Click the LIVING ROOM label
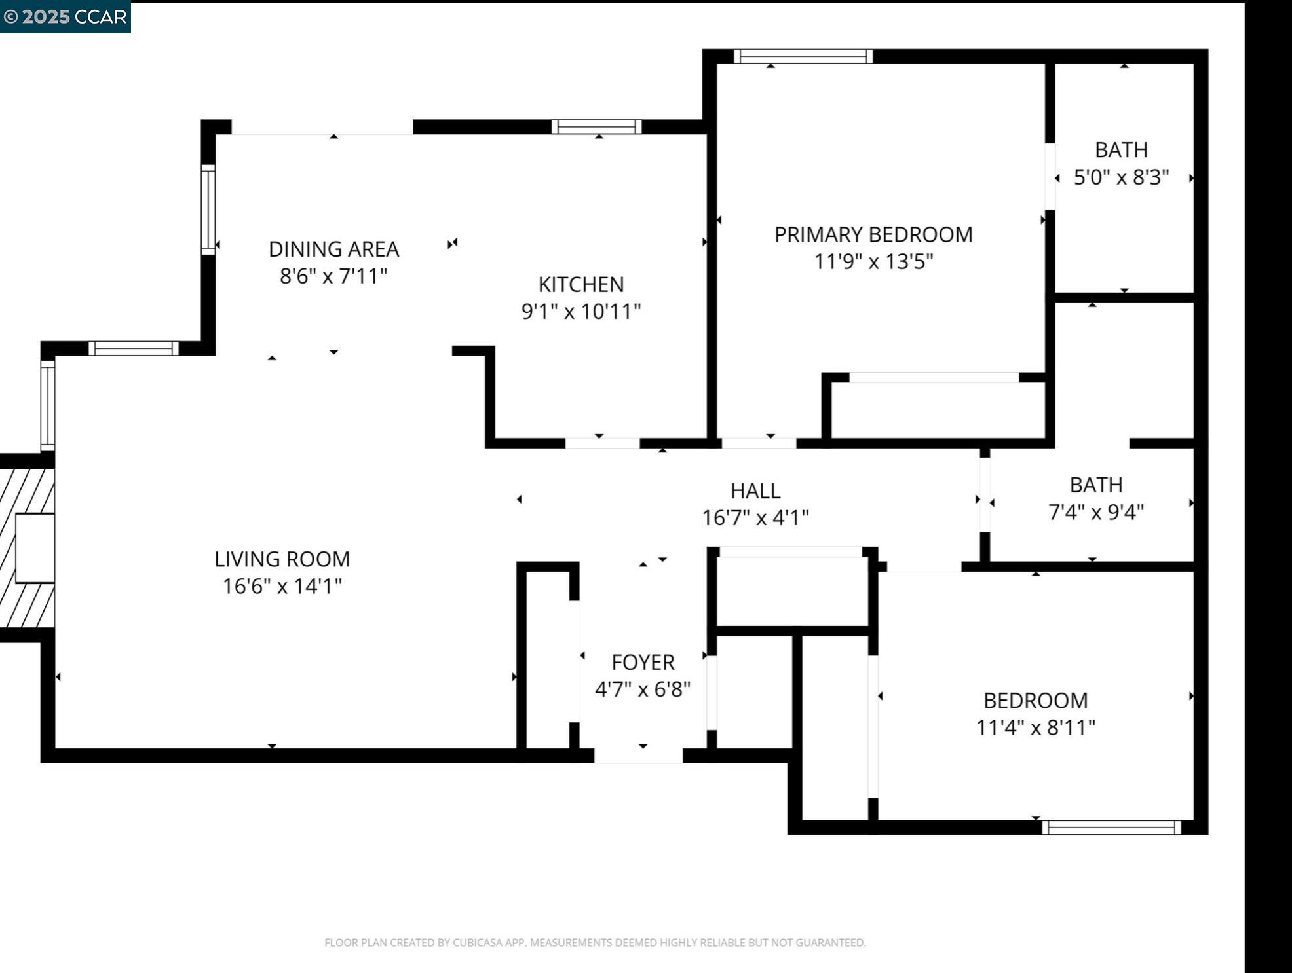click(x=282, y=559)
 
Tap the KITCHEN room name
click(x=581, y=284)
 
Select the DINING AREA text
click(x=333, y=249)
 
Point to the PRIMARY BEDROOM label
click(x=873, y=234)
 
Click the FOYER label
click(x=643, y=662)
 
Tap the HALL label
click(x=755, y=490)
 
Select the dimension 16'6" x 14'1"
click(x=282, y=586)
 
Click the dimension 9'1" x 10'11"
click(x=581, y=311)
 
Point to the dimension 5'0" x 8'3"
click(x=1121, y=177)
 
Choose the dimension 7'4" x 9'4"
click(x=1096, y=511)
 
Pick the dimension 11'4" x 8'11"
click(x=1036, y=727)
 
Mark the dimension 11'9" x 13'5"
click(x=873, y=261)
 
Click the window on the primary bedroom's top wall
click(x=803, y=56)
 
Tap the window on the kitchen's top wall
click(x=596, y=127)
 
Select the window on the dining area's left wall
click(x=208, y=210)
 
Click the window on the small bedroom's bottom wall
click(x=1111, y=827)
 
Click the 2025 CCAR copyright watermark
click(x=65, y=16)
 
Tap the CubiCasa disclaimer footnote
click(x=595, y=942)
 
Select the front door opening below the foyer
click(x=638, y=755)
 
